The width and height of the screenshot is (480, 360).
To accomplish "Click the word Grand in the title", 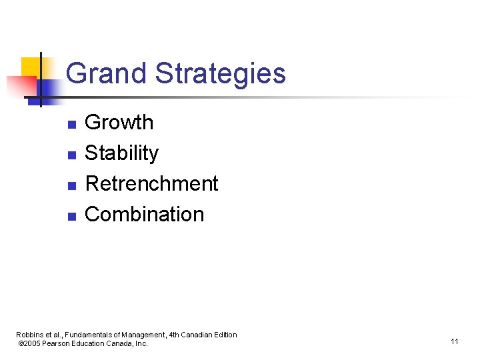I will (107, 73).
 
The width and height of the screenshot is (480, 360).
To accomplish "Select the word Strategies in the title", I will (221, 73).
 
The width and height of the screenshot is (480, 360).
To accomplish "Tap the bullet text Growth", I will (119, 123).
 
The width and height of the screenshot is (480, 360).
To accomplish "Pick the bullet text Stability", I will (122, 153).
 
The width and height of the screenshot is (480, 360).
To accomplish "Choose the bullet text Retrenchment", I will (152, 183).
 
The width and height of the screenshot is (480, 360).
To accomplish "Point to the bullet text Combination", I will (145, 214).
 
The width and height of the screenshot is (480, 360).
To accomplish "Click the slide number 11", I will (454, 342).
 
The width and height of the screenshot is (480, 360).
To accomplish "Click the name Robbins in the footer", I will (29, 335).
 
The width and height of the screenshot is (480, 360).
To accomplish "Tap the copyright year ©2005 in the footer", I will (31, 343).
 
